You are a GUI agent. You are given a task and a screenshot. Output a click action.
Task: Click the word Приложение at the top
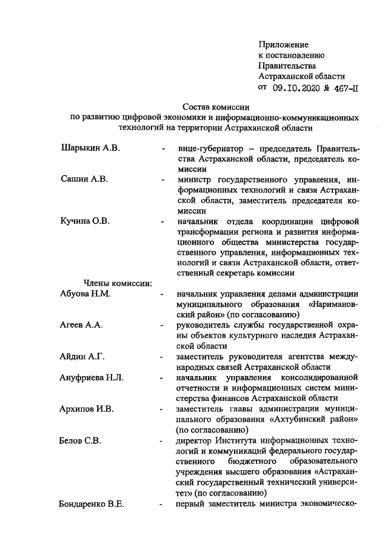coord(283,45)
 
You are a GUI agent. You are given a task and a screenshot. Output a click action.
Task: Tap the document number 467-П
coord(343,87)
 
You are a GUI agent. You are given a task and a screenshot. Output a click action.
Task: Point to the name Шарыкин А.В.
coord(90,148)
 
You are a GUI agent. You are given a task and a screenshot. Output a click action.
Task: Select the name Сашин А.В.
coord(84,180)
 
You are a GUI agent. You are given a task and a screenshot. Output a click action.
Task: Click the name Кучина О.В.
coord(85,221)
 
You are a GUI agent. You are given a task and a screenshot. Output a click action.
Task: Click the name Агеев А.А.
coord(81,325)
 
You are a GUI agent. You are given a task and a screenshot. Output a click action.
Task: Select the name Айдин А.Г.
coord(83,357)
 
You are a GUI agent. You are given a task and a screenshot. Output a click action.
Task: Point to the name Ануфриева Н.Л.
coord(92,377)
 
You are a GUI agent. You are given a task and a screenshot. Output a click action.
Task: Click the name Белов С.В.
coord(80,440)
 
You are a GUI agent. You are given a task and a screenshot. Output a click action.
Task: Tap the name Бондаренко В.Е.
coord(92,504)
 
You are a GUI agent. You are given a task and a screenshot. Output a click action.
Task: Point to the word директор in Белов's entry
coord(195,440)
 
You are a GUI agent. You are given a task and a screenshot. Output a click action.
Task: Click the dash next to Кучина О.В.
coord(162,221)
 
